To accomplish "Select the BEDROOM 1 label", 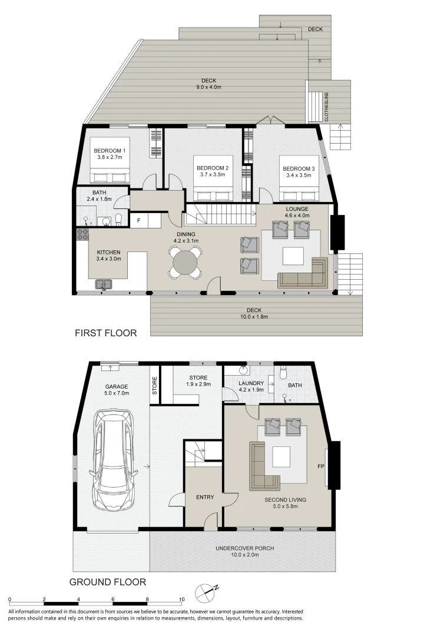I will [x=110, y=151].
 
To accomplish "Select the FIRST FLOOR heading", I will [x=105, y=333].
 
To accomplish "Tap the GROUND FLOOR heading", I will [x=108, y=582].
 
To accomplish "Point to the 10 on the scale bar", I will [x=182, y=599].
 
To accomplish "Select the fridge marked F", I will [x=139, y=221].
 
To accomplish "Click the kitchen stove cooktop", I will [x=82, y=234].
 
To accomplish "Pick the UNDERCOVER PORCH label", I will [x=244, y=548].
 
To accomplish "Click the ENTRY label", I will [x=204, y=497].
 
